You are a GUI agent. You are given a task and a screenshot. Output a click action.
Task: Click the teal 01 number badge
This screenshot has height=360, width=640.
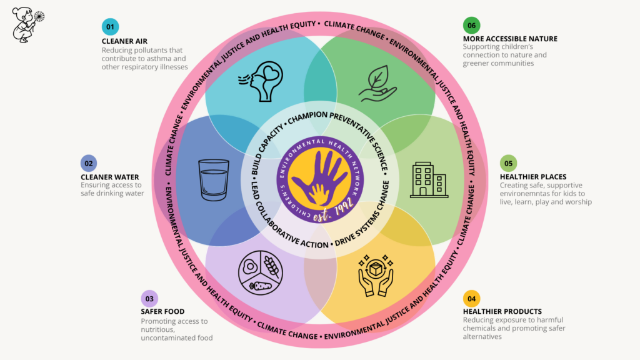110,27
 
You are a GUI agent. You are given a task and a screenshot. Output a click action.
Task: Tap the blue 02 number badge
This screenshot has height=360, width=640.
89,163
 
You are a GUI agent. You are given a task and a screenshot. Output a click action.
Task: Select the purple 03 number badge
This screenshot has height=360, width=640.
149,299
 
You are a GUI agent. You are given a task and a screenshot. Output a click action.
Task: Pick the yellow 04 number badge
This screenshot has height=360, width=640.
471,299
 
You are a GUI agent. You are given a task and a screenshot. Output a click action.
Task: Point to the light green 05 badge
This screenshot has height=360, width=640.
508,163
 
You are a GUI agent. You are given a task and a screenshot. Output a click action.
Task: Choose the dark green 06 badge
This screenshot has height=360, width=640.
471,25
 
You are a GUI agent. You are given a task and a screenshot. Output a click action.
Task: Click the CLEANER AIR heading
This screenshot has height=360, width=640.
124,41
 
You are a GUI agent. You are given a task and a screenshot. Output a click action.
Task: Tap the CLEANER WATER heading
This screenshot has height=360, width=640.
110,177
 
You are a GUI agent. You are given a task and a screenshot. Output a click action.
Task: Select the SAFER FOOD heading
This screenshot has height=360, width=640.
162,311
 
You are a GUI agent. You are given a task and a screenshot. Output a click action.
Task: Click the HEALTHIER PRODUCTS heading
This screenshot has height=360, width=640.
502,311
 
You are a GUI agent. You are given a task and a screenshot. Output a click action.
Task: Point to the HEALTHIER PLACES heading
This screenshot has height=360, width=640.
533,177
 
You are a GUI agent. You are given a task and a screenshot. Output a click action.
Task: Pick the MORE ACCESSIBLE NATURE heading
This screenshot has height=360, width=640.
510,39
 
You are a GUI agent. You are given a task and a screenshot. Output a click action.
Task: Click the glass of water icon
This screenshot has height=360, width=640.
214,179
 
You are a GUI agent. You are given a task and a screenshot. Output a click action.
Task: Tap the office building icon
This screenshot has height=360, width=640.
429,180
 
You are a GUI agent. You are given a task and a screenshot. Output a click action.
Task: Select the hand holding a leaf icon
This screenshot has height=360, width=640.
377,84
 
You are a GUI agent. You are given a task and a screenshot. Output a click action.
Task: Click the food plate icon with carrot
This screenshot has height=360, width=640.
261,272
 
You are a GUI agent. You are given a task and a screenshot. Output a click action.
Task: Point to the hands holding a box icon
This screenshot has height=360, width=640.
376,276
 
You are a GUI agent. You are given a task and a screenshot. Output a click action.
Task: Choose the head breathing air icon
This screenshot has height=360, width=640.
261,81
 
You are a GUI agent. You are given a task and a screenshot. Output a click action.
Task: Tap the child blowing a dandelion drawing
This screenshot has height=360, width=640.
27,24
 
